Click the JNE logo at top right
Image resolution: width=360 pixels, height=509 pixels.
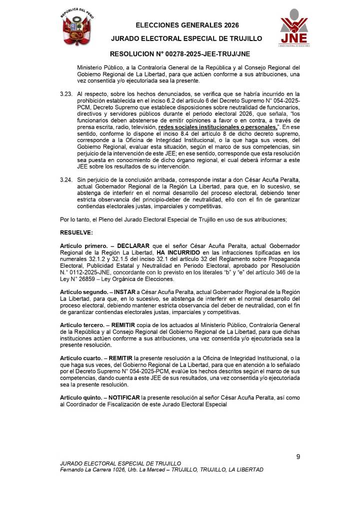pyautogui.click(x=294, y=28)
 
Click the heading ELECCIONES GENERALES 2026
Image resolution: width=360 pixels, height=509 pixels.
pyautogui.click(x=187, y=25)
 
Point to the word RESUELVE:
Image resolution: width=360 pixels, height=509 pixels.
pyautogui.click(x=76, y=232)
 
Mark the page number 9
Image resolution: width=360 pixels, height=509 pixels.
pyautogui.click(x=298, y=456)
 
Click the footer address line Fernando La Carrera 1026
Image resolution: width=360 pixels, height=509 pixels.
pyautogui.click(x=161, y=470)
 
